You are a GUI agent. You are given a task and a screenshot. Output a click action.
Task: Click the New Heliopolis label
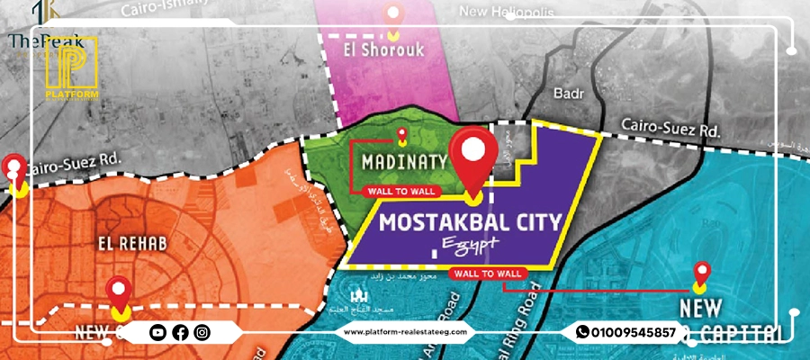(x=507, y=13)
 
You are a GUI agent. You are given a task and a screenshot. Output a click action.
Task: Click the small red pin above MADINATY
(x=401, y=136)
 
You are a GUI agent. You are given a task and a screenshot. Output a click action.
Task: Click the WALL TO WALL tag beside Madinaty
(x=400, y=191)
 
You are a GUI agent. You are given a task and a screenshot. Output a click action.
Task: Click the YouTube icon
(x=158, y=333)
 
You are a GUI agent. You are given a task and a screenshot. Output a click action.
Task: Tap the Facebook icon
(x=180, y=333)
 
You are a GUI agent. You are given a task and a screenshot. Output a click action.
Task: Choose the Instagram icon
(x=202, y=333)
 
